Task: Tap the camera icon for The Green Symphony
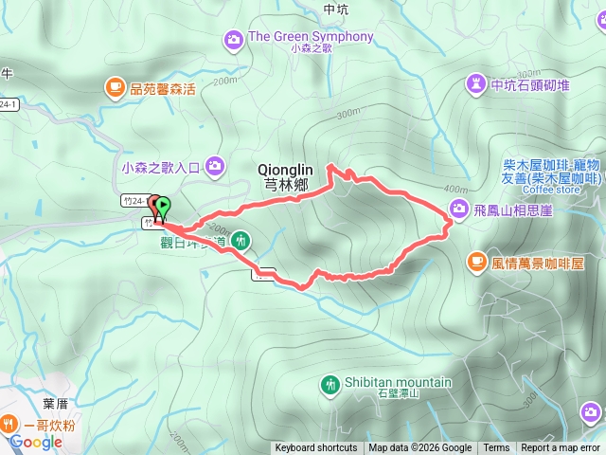pos(233,39)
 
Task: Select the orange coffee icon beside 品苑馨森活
pos(115,88)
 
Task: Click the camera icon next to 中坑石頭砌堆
pos(474,85)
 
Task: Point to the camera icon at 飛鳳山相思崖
pos(458,209)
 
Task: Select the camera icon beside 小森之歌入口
pos(214,166)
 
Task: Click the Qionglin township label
pos(284,176)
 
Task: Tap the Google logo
pos(36,442)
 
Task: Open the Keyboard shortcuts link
pos(316,448)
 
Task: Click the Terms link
pos(496,448)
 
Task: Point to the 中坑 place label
pos(336,9)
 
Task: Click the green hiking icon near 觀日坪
pos(241,239)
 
